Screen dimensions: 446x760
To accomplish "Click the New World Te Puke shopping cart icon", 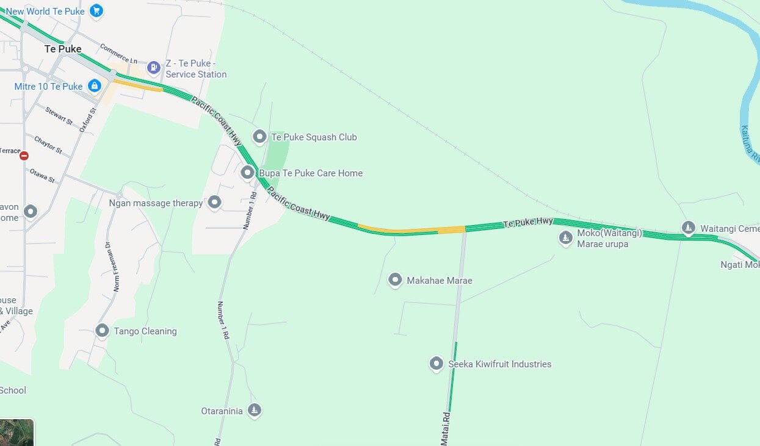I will (96, 10).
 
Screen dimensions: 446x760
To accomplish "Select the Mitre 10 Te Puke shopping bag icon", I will (94, 86).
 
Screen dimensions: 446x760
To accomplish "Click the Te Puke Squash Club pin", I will (259, 137).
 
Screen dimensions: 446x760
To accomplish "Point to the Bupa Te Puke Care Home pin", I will (247, 173).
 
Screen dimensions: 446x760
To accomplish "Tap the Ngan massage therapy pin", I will (214, 202).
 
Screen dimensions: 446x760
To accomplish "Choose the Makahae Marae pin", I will (395, 280).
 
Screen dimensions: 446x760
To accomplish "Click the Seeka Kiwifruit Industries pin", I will (436, 364).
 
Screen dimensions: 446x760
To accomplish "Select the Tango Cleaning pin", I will (103, 331).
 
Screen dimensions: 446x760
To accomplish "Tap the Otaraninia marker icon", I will (255, 410).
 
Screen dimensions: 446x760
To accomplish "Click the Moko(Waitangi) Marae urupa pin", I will (566, 237).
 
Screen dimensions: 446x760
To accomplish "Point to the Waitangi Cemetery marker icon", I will (689, 228).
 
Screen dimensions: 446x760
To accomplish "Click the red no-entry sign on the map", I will (24, 156).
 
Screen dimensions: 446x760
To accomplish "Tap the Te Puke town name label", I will (63, 49).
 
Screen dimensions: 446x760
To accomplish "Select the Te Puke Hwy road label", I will (528, 223).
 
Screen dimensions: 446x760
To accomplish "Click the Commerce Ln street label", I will (118, 53).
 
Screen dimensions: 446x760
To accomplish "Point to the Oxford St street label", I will (89, 120).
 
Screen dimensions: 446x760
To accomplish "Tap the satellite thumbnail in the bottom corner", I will (16, 433).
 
